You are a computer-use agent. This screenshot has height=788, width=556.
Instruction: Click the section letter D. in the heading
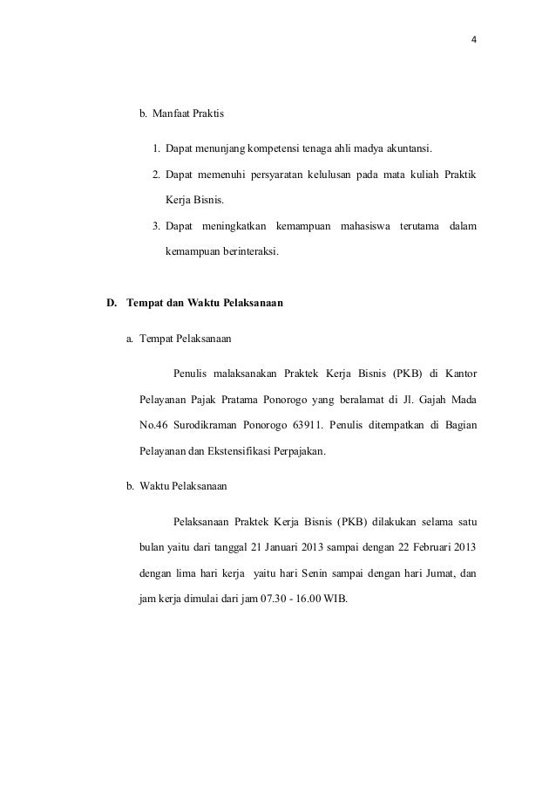pos(112,305)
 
